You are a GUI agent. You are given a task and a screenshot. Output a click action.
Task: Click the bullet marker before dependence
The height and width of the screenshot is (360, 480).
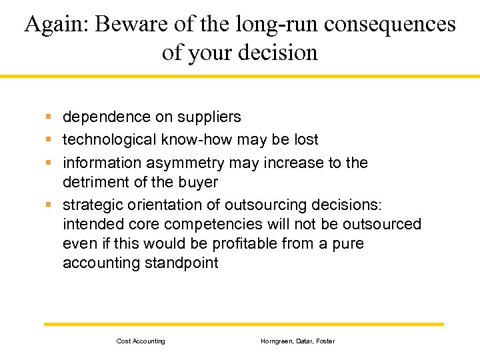pos(49,117)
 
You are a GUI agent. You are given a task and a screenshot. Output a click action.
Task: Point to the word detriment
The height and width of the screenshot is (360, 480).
pos(93,183)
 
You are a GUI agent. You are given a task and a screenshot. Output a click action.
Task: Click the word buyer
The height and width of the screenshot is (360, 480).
pos(199,183)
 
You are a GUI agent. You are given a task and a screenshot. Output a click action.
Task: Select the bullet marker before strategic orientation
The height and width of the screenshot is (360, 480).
pos(49,205)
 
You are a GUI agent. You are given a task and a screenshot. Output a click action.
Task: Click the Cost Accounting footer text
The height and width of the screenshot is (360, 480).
pos(141,341)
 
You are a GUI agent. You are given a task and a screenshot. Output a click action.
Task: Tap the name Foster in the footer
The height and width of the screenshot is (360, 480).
pos(325,341)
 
